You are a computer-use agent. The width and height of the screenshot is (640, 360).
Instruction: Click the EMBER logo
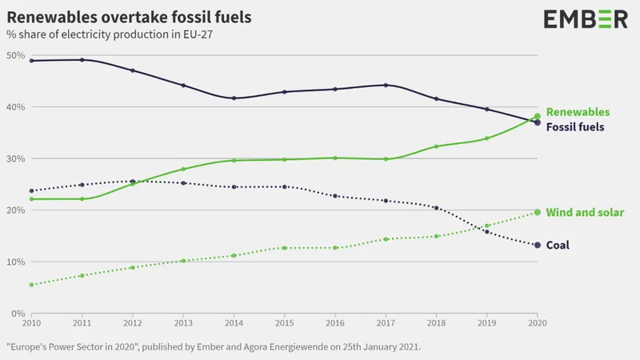(x=586, y=19)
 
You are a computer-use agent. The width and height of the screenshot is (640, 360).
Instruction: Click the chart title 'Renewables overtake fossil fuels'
(x=129, y=17)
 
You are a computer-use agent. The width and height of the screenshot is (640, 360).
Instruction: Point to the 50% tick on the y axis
(x=15, y=55)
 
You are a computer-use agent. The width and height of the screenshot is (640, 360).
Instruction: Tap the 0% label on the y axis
(x=18, y=314)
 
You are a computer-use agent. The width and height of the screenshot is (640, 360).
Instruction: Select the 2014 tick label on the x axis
(x=234, y=323)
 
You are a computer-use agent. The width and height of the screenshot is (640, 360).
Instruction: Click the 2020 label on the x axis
(x=538, y=323)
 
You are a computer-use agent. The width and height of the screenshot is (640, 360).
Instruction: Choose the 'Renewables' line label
(x=578, y=112)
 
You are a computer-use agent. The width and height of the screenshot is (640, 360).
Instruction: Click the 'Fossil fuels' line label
(x=575, y=127)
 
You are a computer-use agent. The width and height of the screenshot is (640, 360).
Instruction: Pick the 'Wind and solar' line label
(x=585, y=212)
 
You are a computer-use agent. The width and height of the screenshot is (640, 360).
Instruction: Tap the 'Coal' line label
(x=558, y=245)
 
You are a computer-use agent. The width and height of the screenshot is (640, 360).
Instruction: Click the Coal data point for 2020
(x=538, y=245)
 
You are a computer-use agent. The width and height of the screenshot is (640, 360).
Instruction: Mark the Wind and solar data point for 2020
(x=538, y=212)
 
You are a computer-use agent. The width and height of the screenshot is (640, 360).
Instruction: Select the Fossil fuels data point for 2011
(x=82, y=60)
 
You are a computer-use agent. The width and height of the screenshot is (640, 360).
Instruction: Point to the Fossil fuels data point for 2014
(x=234, y=98)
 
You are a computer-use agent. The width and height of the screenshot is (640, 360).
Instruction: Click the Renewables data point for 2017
(x=386, y=158)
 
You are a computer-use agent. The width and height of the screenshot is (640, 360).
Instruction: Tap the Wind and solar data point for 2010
(x=31, y=285)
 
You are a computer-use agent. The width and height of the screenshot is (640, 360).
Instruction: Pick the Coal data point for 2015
(x=285, y=186)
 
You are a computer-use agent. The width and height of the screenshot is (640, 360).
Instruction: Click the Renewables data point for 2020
(x=538, y=116)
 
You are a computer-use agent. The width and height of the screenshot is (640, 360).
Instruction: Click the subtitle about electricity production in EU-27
(x=110, y=34)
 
